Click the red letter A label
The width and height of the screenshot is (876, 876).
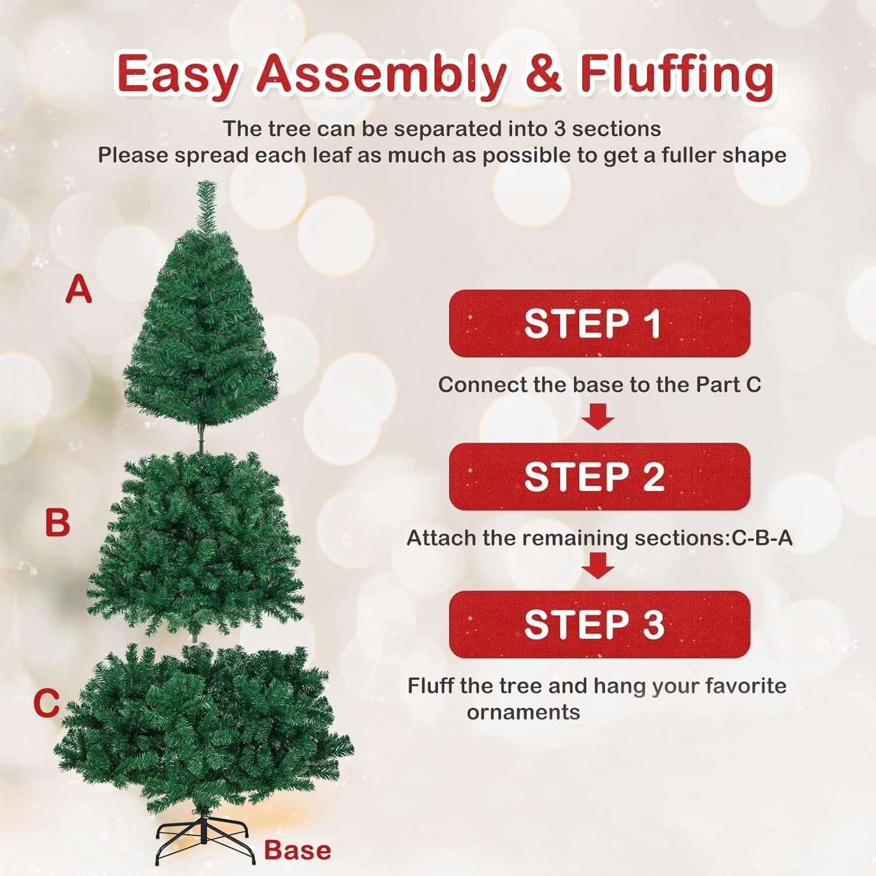tap(79, 290)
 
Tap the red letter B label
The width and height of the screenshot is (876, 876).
tap(57, 522)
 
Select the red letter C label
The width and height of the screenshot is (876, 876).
tap(47, 703)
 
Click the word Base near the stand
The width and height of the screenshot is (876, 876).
tap(297, 850)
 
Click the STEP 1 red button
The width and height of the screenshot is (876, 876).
tap(599, 324)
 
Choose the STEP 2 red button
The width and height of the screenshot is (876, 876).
tap(599, 477)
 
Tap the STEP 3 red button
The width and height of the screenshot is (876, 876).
tap(599, 624)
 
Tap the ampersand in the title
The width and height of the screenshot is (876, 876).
tap(543, 74)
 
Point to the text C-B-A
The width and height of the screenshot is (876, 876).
tap(762, 538)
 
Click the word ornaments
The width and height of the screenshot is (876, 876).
tap(523, 712)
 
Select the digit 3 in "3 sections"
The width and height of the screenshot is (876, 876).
tap(559, 128)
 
